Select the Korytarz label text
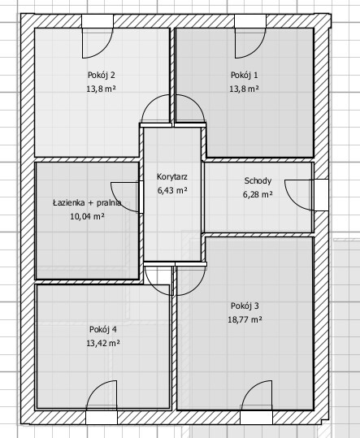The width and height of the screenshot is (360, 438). tap(172, 177)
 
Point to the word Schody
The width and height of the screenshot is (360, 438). tap(258, 181)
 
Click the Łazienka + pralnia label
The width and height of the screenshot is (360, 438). tap(87, 203)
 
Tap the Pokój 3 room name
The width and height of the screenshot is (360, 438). tap(245, 306)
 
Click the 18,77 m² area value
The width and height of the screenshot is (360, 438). tap(245, 319)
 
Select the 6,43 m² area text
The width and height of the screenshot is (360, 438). tap(172, 190)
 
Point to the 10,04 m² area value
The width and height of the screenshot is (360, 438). tap(88, 216)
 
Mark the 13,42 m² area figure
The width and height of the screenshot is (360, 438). tap(103, 343)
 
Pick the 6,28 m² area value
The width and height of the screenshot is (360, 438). tap(258, 194)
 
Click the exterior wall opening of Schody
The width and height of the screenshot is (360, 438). tap(321, 195)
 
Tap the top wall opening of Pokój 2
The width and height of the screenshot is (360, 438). tap(98, 21)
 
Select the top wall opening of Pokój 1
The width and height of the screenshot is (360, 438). tap(250, 21)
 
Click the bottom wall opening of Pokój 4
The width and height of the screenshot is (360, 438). tap(102, 418)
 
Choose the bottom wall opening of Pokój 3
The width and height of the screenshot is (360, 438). tap(256, 418)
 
